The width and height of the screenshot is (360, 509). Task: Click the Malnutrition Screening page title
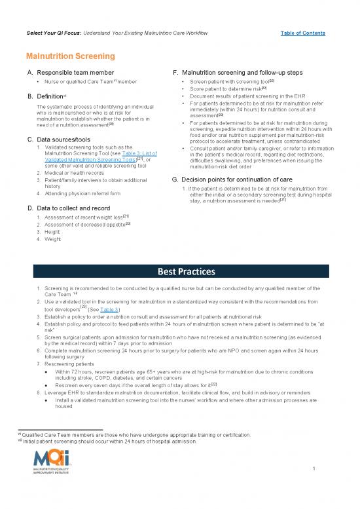71,57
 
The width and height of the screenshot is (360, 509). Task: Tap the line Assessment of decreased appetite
85,224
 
